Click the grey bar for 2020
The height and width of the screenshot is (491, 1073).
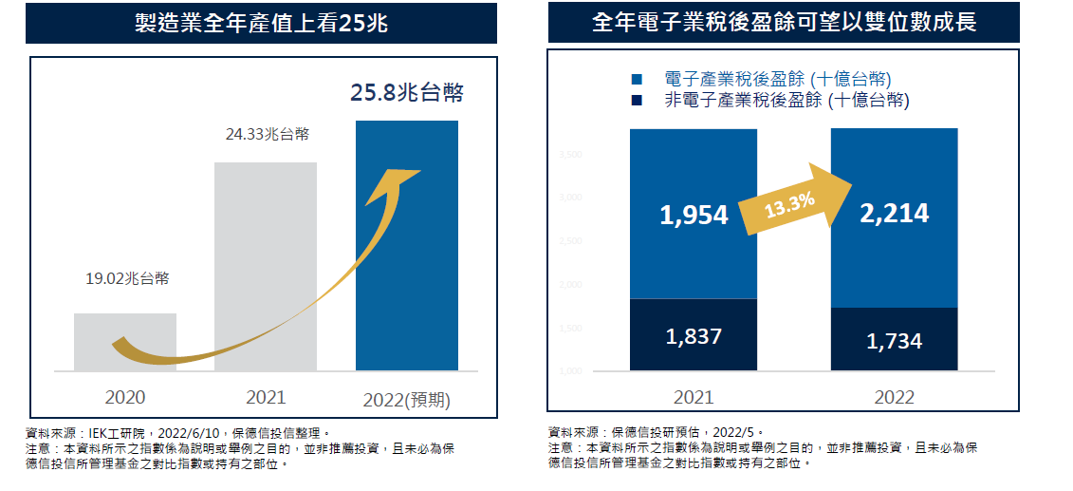(125, 342)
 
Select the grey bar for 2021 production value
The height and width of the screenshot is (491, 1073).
(266, 266)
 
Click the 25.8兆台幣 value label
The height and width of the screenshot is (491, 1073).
(407, 93)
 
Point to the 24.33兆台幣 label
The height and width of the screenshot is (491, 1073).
(267, 135)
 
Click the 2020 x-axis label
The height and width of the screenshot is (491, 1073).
(125, 398)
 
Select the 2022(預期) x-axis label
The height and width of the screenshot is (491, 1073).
(407, 400)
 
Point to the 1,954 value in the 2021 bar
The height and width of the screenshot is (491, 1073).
(694, 216)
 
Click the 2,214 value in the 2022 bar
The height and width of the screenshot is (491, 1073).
(894, 214)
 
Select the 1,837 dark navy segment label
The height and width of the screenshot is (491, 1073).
(694, 335)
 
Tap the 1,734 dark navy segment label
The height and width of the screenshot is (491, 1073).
(894, 341)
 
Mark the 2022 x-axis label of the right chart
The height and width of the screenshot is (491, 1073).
(894, 398)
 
